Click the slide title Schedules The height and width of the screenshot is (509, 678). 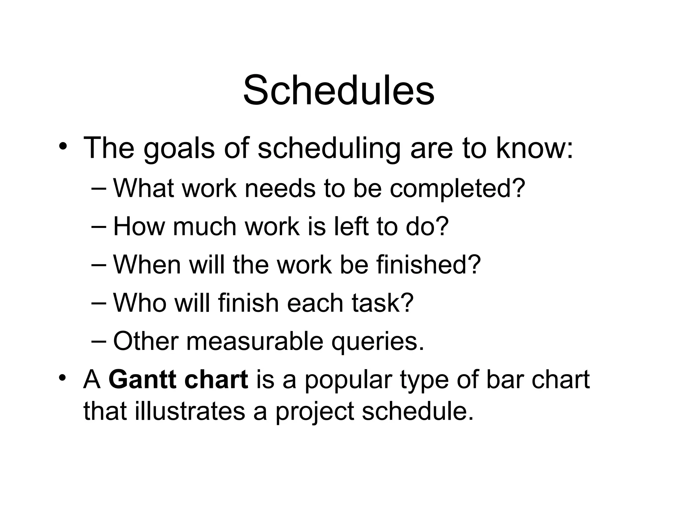(x=339, y=90)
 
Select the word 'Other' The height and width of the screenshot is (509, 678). (x=146, y=341)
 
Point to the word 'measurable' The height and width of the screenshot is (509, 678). (x=255, y=341)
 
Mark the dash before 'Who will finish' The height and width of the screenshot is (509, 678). (x=98, y=303)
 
